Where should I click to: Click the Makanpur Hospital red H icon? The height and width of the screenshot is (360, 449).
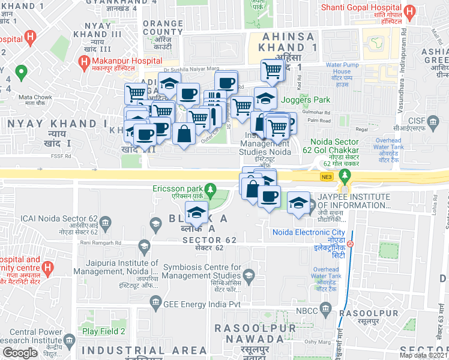coord(84,62)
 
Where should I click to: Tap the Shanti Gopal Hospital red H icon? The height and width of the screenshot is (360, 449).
coord(411,11)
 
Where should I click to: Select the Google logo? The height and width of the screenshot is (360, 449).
coord(20,353)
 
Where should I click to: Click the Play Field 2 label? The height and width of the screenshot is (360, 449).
coord(103,331)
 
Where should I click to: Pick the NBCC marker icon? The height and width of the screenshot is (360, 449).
coord(325,310)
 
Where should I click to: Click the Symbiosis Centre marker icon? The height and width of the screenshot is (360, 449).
coord(249,275)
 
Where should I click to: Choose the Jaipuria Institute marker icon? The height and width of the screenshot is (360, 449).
coord(144,245)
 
